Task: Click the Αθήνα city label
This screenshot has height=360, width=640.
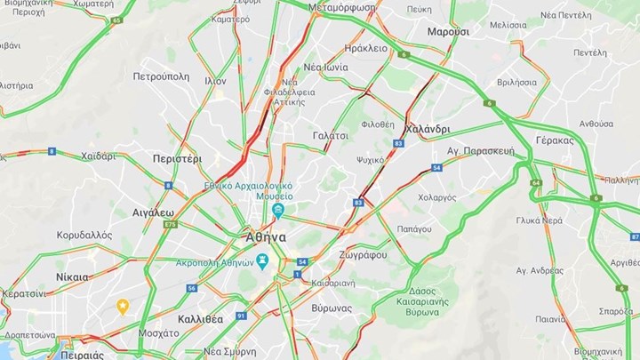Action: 265,237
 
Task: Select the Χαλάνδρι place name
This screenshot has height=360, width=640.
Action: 427,130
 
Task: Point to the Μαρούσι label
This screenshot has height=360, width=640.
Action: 447,31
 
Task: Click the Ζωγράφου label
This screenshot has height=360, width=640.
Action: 362,255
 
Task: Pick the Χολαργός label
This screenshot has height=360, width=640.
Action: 436,197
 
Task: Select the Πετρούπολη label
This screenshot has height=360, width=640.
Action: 161,76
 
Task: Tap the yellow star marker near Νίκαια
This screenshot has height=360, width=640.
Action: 123,306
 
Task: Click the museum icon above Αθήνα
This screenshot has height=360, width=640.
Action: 279,210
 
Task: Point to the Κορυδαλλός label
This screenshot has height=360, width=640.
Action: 84,236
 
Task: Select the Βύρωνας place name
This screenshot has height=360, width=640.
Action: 332,308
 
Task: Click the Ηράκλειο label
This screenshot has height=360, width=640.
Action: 365,49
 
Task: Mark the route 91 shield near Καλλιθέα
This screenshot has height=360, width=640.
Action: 241,316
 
